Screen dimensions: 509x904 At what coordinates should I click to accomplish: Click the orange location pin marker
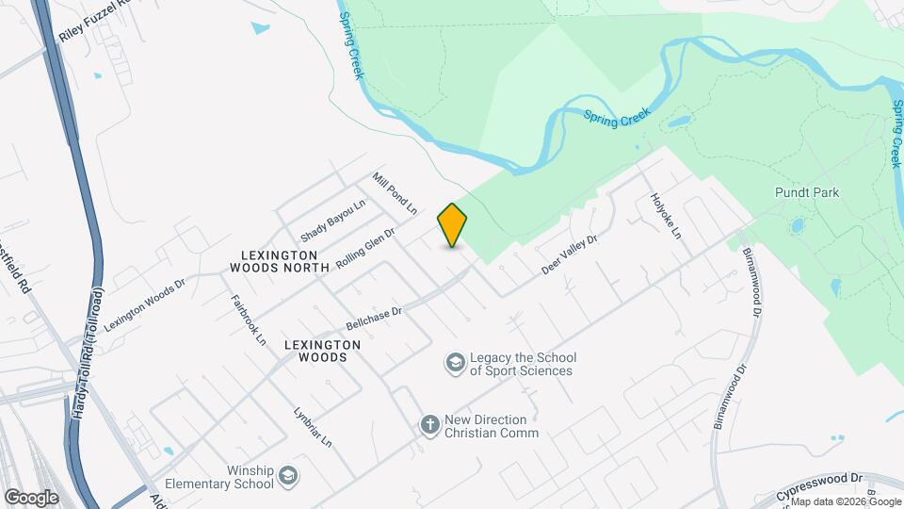453,224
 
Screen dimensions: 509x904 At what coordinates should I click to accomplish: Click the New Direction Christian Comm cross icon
429,425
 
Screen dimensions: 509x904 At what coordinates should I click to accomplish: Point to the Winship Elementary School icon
287,477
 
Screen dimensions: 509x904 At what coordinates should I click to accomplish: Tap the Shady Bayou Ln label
332,220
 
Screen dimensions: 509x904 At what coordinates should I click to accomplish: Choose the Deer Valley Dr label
570,254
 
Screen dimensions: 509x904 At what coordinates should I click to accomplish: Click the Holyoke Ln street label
665,216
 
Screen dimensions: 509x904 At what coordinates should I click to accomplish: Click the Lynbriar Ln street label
313,426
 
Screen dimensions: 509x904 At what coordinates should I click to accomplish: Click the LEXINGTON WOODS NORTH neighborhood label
280,261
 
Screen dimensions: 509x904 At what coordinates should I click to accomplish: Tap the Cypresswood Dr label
819,486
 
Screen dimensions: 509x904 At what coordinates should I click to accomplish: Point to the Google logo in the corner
31,497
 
